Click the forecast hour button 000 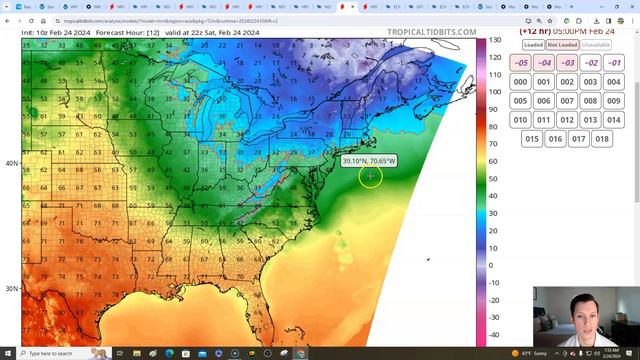[x=520, y=82]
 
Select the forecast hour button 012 [x=567, y=120]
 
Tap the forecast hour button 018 [x=602, y=139]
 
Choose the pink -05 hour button [x=520, y=63]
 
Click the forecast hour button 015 [x=532, y=139]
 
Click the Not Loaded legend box [x=563, y=45]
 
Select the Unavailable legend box [x=596, y=45]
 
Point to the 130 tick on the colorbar [x=494, y=40]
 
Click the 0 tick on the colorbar [x=490, y=266]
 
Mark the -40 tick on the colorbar [x=494, y=335]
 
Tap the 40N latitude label [x=10, y=163]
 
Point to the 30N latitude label [x=10, y=289]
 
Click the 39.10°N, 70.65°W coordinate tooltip [x=369, y=160]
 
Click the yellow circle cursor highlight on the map [x=370, y=176]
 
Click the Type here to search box [x=60, y=353]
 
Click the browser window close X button [x=630, y=6]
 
